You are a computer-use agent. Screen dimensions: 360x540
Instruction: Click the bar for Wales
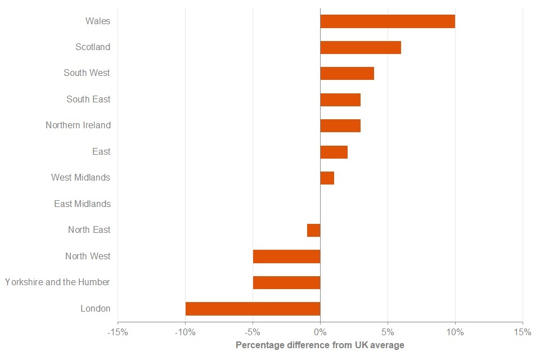point(388,21)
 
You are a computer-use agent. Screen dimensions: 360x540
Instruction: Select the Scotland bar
point(361,47)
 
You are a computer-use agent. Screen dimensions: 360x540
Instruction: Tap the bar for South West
point(347,73)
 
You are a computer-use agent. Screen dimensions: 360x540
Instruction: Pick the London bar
point(253,309)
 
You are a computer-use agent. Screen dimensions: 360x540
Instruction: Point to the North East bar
point(314,230)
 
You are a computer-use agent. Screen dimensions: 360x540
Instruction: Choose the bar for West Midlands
point(327,178)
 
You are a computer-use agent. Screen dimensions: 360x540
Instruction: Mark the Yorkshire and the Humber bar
point(286,282)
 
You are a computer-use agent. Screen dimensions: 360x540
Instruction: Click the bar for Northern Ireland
point(340,125)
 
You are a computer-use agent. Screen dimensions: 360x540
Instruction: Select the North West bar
point(286,256)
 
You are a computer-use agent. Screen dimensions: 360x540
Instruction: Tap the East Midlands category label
point(82,204)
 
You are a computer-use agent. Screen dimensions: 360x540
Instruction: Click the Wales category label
point(98,21)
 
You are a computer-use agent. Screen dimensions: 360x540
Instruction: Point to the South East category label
point(88,100)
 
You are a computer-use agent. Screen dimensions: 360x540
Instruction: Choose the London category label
point(96,308)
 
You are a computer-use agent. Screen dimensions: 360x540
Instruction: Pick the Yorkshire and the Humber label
point(57,282)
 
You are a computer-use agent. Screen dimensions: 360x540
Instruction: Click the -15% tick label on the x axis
point(118,332)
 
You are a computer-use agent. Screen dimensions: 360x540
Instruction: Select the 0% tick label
point(320,332)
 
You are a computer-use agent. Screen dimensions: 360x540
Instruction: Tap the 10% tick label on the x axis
point(455,332)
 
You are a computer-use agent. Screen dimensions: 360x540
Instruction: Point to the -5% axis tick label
point(253,332)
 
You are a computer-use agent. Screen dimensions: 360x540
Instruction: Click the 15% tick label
point(523,332)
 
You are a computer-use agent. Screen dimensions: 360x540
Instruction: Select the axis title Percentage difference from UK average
point(319,345)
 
